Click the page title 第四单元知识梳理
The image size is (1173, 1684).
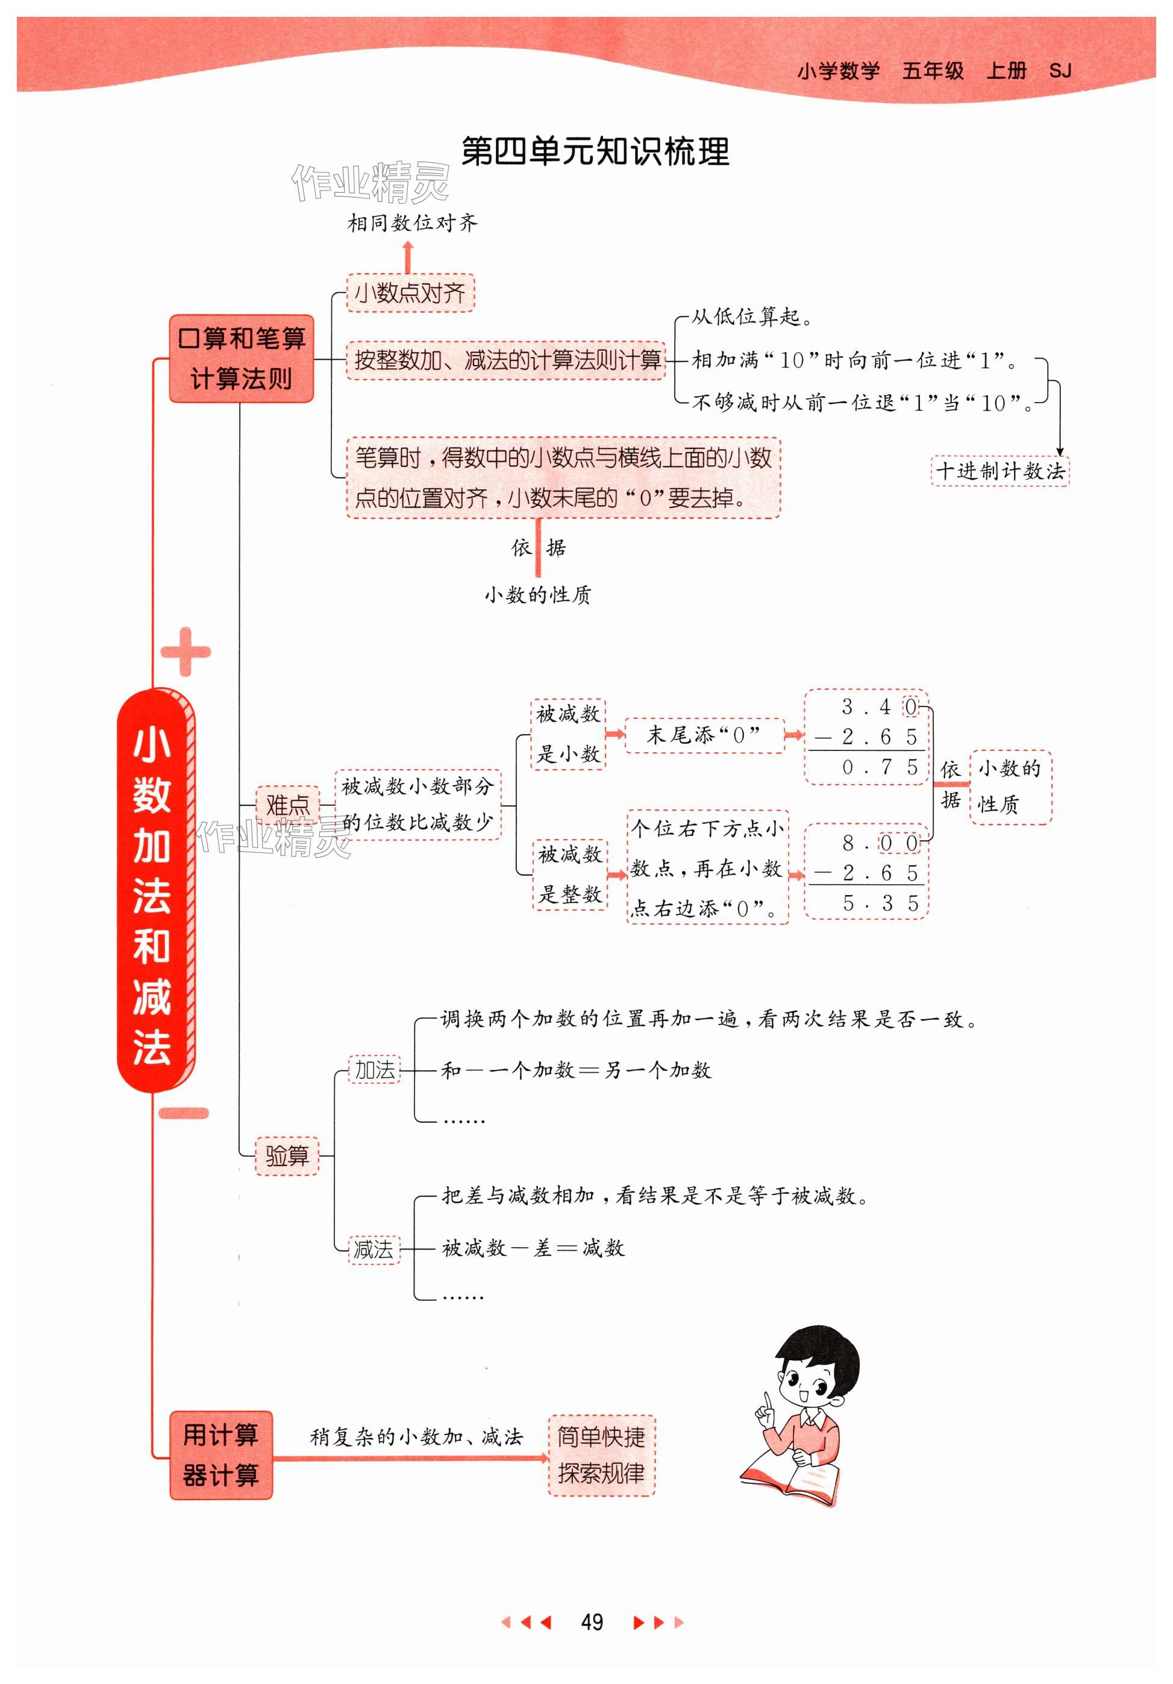595,152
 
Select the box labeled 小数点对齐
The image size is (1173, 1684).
410,294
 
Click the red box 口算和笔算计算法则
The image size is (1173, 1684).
241,359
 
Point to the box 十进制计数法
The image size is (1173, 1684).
1000,471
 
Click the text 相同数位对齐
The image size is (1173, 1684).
412,223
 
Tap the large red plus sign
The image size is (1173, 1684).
186,652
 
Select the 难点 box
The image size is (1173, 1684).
287,805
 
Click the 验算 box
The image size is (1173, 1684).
287,1156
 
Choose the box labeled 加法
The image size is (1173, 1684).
375,1070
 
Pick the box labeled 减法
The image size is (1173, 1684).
374,1248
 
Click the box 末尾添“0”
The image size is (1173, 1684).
703,735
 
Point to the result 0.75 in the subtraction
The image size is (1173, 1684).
879,768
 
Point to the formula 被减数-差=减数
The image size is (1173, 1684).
533,1248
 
